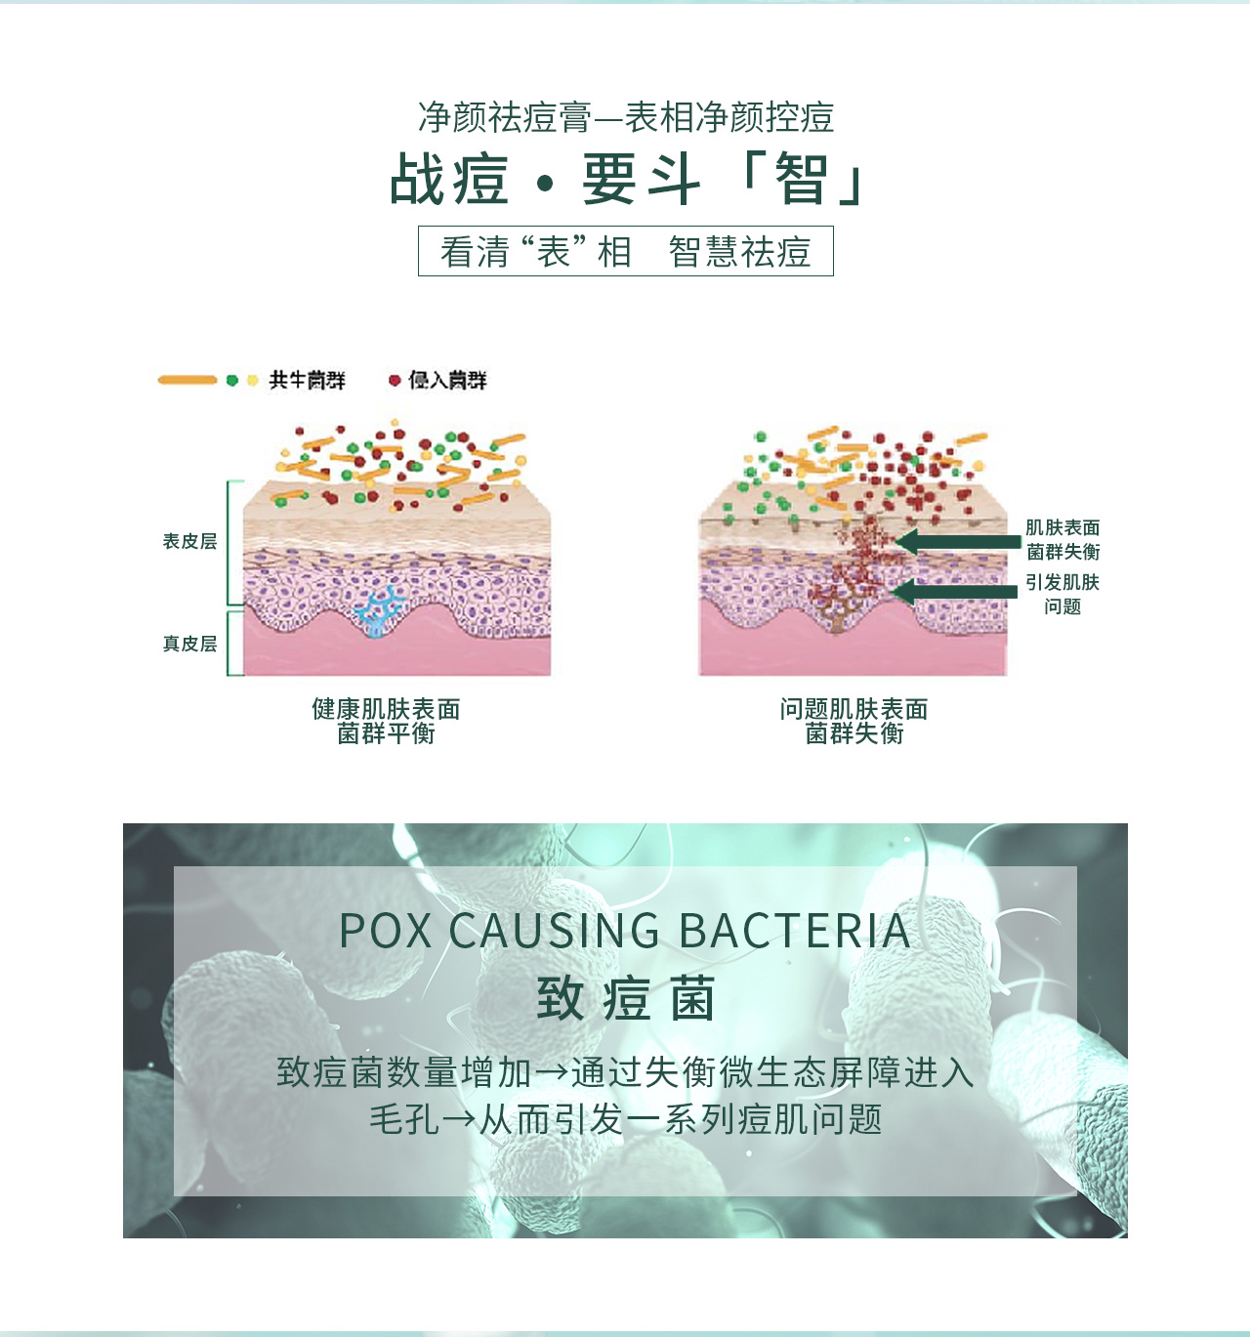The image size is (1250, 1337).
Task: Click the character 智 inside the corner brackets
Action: pos(803,180)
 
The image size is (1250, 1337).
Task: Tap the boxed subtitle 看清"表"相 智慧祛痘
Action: pos(625,252)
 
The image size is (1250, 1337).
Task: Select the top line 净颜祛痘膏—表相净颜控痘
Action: pos(625,117)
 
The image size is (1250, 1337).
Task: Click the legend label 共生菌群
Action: pos(308,380)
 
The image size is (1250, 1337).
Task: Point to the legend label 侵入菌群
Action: pos(447,380)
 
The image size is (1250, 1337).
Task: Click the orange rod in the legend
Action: pos(187,380)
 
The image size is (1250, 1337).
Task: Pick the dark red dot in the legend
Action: pos(395,380)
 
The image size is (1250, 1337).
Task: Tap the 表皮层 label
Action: pos(189,541)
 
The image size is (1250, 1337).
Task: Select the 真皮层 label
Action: pos(189,644)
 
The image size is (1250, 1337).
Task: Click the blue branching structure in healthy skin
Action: pos(379,611)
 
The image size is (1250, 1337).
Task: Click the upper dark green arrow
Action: pos(957,541)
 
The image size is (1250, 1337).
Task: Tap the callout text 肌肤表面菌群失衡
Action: pos(1062,540)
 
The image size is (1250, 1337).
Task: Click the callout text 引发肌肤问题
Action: pos(1062,594)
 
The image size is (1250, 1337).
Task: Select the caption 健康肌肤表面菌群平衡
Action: pos(386,721)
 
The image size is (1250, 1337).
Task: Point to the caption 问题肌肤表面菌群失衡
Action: pos(854,721)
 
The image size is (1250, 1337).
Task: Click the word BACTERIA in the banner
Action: pos(794,931)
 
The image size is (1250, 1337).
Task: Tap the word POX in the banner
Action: pos(386,931)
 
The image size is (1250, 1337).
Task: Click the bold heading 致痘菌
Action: pos(625,999)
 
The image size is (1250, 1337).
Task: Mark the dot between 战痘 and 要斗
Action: pos(545,183)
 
